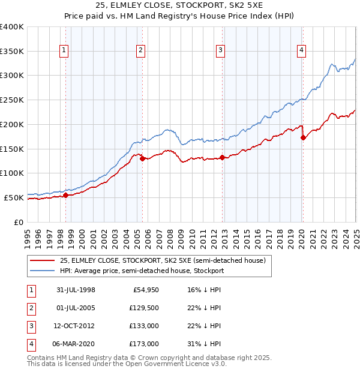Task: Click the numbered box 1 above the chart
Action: [64, 51]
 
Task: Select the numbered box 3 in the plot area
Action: [221, 51]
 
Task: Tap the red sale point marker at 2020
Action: [303, 137]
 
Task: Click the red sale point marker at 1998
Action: [65, 195]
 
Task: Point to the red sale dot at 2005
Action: [142, 158]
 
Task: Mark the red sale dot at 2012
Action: [222, 157]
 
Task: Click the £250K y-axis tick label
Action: [12, 100]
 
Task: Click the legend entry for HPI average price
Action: [142, 271]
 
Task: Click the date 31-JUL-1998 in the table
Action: [75, 290]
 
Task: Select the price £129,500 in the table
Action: [144, 308]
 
